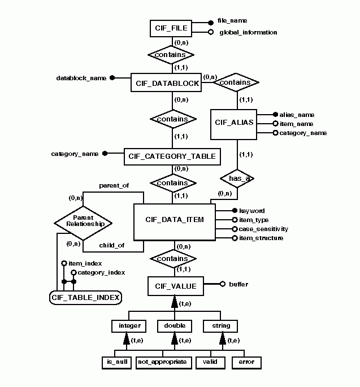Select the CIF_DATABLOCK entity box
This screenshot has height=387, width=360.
coord(167,84)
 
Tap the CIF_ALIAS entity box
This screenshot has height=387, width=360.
coord(234,124)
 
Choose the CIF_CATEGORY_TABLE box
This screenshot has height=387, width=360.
coord(172,156)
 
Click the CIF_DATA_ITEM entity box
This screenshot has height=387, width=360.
coord(175,222)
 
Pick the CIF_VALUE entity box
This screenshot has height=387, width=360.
coord(175,286)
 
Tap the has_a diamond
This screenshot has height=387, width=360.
coord(237,178)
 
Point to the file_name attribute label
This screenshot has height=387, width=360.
coord(233,20)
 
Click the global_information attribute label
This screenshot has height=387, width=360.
coord(248,32)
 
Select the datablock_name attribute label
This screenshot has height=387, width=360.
coord(81,77)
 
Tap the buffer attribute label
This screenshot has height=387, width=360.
coord(238,284)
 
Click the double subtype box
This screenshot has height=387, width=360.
coord(175,326)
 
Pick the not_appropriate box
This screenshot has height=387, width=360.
coord(161,362)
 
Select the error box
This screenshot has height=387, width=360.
coord(246,362)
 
